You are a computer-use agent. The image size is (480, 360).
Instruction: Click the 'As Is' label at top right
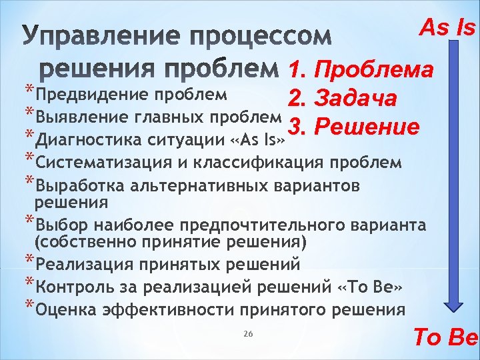pyautogui.click(x=447, y=27)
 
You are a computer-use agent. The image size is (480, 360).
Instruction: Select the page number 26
pyautogui.click(x=248, y=333)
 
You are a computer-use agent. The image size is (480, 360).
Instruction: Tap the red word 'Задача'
pyautogui.click(x=358, y=98)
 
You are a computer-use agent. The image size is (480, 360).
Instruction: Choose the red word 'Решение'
pyautogui.click(x=364, y=126)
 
